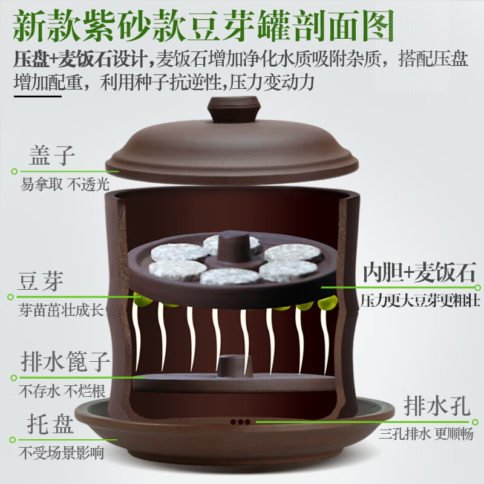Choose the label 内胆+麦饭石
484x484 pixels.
tap(419, 272)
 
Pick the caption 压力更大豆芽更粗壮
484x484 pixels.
tap(419, 299)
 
